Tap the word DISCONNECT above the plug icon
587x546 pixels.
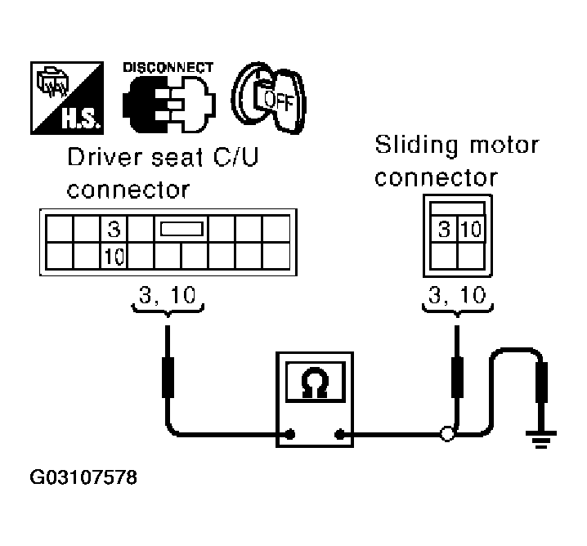tap(168, 66)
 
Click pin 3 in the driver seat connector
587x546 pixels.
tap(114, 228)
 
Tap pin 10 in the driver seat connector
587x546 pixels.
tap(114, 257)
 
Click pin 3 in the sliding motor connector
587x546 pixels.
tap(444, 230)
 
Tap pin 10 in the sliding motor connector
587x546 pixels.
tap(471, 230)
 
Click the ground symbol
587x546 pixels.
tap(540, 441)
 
